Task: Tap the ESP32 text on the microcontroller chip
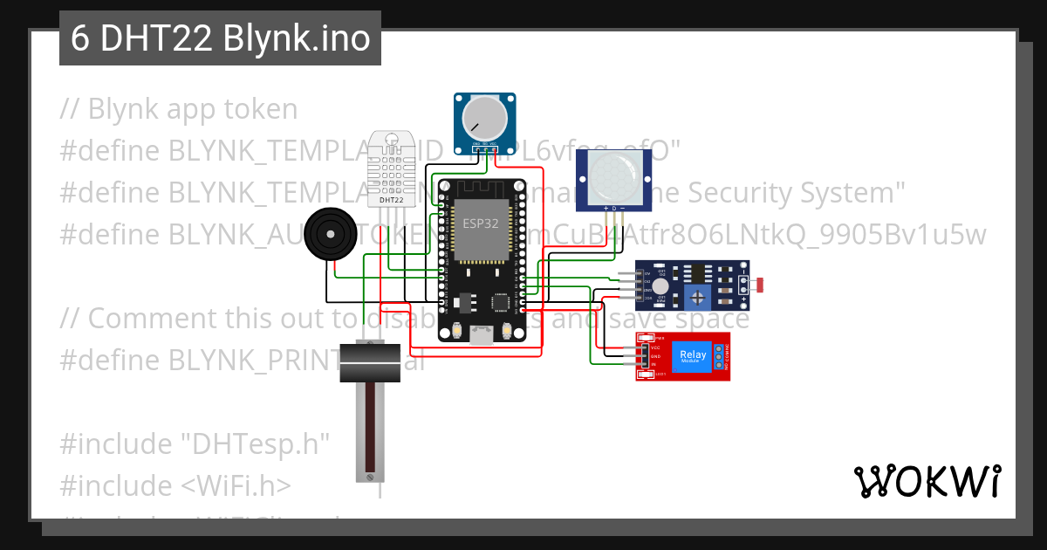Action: (480, 223)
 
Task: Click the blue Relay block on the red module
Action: (694, 356)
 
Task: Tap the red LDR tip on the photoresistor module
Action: (760, 285)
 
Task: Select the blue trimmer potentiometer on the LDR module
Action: (698, 298)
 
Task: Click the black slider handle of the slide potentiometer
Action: (370, 361)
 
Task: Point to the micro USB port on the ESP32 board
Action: (482, 334)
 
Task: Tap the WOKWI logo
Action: (927, 480)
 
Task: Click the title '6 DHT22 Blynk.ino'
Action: (221, 39)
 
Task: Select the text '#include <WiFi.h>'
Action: (175, 485)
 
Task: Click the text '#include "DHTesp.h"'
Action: (195, 443)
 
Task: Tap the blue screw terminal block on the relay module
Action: (720, 356)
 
